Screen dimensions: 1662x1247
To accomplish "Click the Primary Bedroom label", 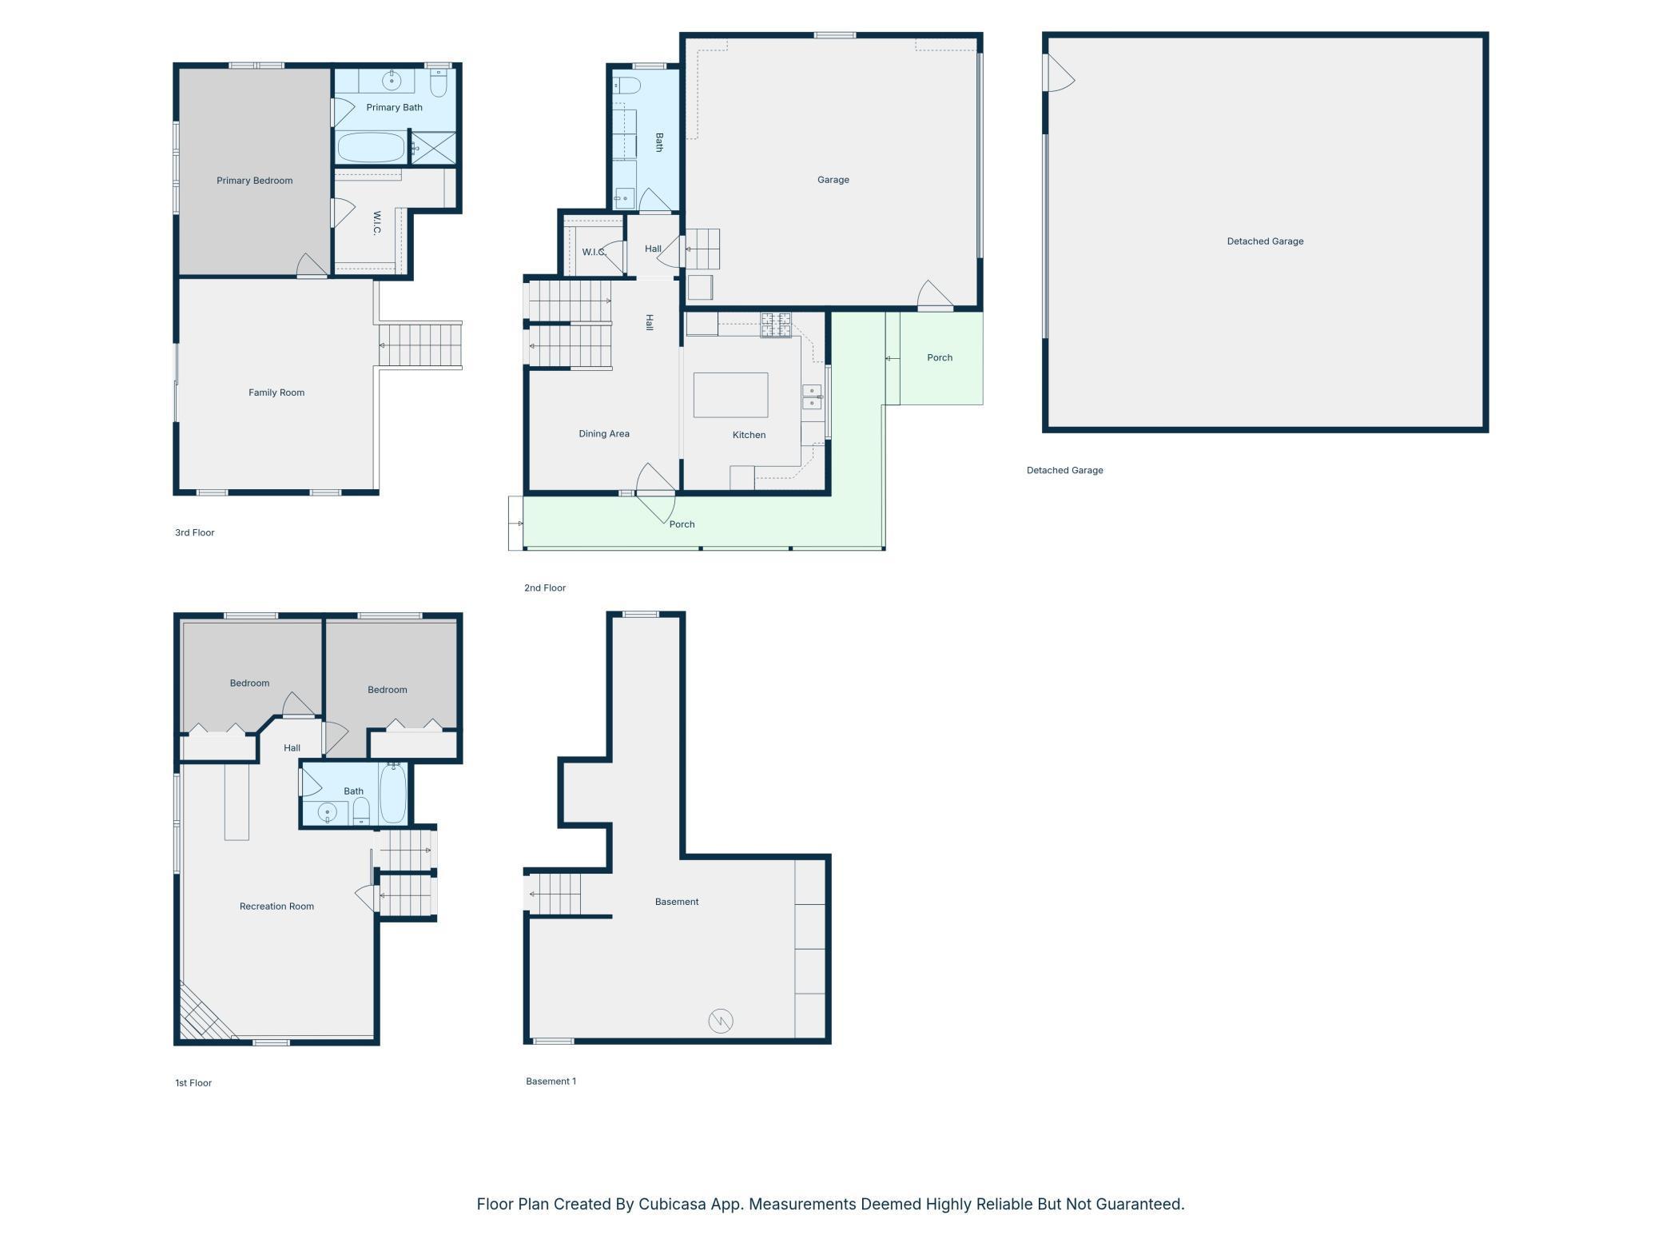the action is click(x=254, y=181).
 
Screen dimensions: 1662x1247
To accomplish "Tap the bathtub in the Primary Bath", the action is click(x=371, y=148).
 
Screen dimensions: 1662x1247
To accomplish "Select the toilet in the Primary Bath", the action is click(x=438, y=82).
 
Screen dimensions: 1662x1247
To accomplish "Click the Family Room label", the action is click(x=276, y=392).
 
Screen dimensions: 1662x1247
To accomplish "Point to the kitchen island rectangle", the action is click(x=730, y=395).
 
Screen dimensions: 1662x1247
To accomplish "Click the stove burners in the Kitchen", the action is click(x=775, y=325).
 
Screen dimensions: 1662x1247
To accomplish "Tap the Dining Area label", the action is click(x=604, y=434).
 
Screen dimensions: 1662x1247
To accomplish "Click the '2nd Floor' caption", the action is click(x=545, y=588).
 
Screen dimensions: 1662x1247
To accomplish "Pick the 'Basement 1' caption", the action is click(x=551, y=1082).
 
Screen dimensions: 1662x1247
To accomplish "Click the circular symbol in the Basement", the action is click(x=721, y=1021).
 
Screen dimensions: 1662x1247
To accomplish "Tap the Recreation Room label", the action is click(x=276, y=906).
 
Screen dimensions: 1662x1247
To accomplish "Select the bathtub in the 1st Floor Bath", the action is click(x=393, y=793).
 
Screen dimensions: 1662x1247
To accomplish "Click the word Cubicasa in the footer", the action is click(x=672, y=1204).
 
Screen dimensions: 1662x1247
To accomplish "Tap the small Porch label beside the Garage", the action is click(x=940, y=357).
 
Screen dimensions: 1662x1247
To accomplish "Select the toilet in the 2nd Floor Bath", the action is click(x=627, y=86).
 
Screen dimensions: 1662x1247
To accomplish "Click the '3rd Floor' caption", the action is click(x=195, y=532).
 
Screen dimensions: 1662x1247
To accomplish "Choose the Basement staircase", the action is click(x=553, y=894).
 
